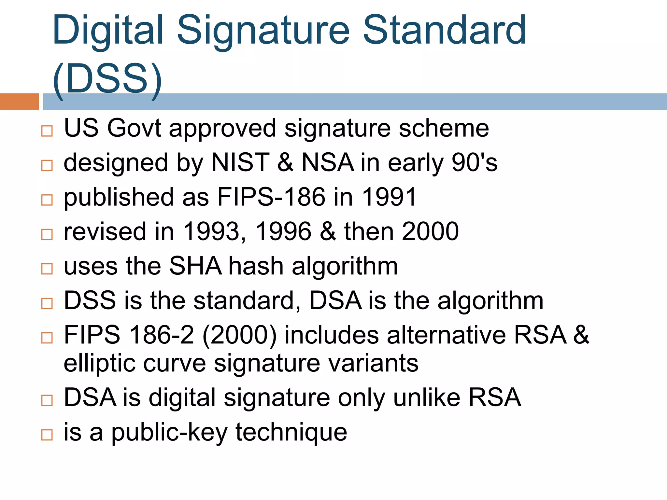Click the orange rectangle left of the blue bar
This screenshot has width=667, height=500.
coord(19,102)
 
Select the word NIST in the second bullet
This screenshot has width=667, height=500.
coord(240,162)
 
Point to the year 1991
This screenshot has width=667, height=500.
coord(389,197)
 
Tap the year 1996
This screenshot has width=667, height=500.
coord(283,231)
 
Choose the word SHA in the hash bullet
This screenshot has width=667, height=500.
coord(195,266)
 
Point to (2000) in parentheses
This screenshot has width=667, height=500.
coord(239,335)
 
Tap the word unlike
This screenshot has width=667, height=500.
coord(427,397)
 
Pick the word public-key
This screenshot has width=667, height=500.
coord(169,433)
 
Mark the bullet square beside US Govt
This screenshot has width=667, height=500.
coord(47,131)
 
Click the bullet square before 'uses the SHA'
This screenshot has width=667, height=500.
coord(47,269)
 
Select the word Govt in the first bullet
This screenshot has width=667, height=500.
coord(134,128)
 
